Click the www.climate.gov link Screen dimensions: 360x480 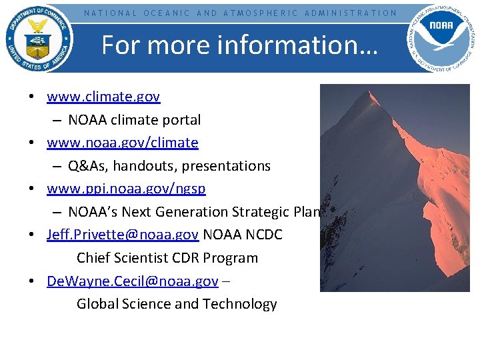(x=103, y=97)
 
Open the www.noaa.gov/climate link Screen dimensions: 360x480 (x=123, y=143)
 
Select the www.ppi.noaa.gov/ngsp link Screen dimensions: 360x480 (x=126, y=189)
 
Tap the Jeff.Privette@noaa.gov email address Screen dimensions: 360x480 (x=123, y=235)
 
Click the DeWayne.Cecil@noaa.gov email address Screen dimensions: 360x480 (x=132, y=281)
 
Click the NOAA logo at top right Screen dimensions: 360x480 (x=442, y=37)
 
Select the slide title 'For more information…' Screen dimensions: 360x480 (x=239, y=45)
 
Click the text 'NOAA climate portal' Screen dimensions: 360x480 (x=134, y=120)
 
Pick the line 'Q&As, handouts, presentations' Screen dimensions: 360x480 (x=169, y=166)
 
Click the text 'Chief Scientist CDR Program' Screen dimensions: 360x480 (x=167, y=258)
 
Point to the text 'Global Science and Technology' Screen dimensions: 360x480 (x=177, y=304)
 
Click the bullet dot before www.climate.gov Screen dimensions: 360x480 (x=32, y=97)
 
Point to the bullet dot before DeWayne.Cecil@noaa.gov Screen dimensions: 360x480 (x=32, y=281)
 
